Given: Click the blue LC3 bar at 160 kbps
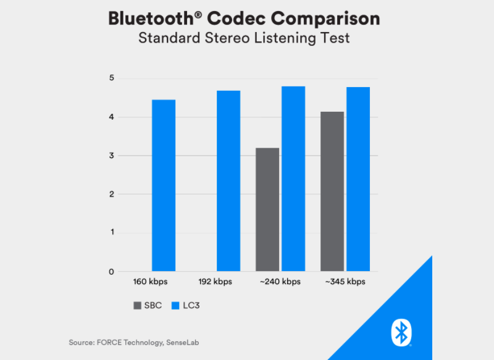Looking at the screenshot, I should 164,185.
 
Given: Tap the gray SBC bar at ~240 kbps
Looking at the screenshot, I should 267,209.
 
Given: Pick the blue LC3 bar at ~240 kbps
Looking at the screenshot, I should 293,178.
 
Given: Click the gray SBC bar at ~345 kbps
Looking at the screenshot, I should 332,191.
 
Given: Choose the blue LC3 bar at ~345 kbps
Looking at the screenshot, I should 358,179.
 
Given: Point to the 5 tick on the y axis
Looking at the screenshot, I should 112,78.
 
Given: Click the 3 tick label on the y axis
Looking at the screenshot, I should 112,156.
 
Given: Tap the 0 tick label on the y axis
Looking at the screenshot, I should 112,272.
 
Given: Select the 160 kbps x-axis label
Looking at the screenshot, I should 151,282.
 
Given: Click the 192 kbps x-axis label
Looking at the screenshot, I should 216,282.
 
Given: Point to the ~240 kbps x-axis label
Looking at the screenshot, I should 280,282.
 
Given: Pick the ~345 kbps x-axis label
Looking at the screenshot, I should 345,282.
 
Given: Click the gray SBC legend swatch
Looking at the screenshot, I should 136,305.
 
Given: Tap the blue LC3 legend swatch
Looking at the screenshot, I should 172,305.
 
